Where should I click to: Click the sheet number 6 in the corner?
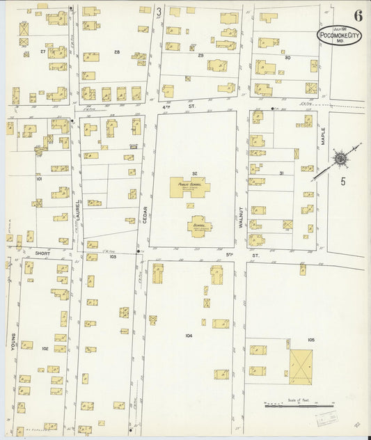pos(358,15)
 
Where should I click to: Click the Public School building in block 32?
pos(189,187)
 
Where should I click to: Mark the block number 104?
pos(189,336)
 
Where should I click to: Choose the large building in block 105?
pos(301,366)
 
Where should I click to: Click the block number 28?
pos(117,52)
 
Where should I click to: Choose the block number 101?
pos(39,178)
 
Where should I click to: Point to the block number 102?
pos(45,348)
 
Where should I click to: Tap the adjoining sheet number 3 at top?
pos(159,12)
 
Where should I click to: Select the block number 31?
pos(281,173)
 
